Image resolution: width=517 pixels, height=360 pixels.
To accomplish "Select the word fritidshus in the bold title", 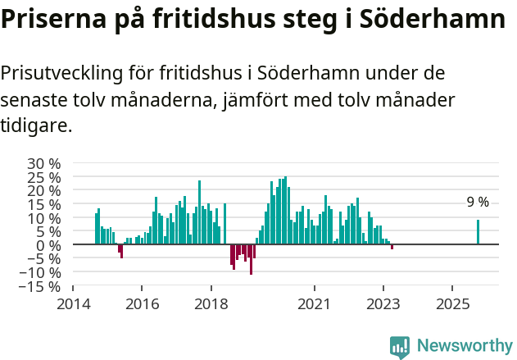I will [x=214, y=20].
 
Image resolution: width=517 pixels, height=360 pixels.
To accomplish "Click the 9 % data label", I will [x=478, y=203].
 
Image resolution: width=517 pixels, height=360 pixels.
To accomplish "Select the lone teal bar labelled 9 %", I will [x=478, y=232].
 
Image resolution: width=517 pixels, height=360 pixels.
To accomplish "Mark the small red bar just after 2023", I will [x=392, y=247].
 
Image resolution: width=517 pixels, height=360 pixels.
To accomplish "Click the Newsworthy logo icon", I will [x=400, y=347].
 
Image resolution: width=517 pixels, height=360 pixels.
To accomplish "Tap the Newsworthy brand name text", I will [x=464, y=346].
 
